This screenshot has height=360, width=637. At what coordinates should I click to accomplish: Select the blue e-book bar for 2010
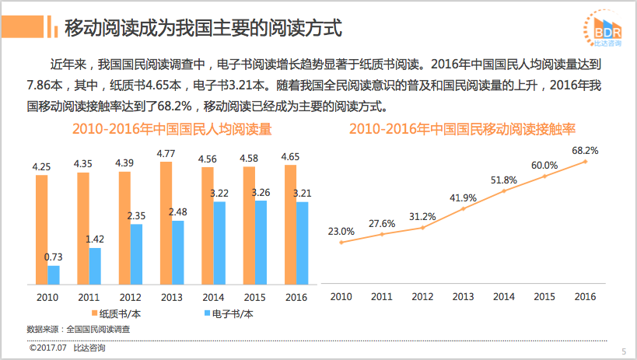tap(54, 276)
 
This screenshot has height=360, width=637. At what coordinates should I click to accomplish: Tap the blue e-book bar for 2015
tap(261, 243)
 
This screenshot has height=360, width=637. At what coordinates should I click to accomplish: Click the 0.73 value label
tap(54, 257)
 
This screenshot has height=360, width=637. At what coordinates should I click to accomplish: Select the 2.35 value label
tap(137, 215)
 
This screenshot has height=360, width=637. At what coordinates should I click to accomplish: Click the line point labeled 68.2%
tap(585, 161)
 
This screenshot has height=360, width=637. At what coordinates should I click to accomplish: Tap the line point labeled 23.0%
tap(341, 243)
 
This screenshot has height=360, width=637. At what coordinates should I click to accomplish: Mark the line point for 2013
tap(463, 208)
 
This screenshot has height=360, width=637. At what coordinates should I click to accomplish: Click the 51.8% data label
tap(504, 180)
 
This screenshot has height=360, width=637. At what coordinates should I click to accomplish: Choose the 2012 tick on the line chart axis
tap(422, 296)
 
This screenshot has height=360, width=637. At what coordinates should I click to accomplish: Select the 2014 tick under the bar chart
tap(213, 297)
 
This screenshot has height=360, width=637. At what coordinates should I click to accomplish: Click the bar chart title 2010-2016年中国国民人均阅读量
tap(172, 129)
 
